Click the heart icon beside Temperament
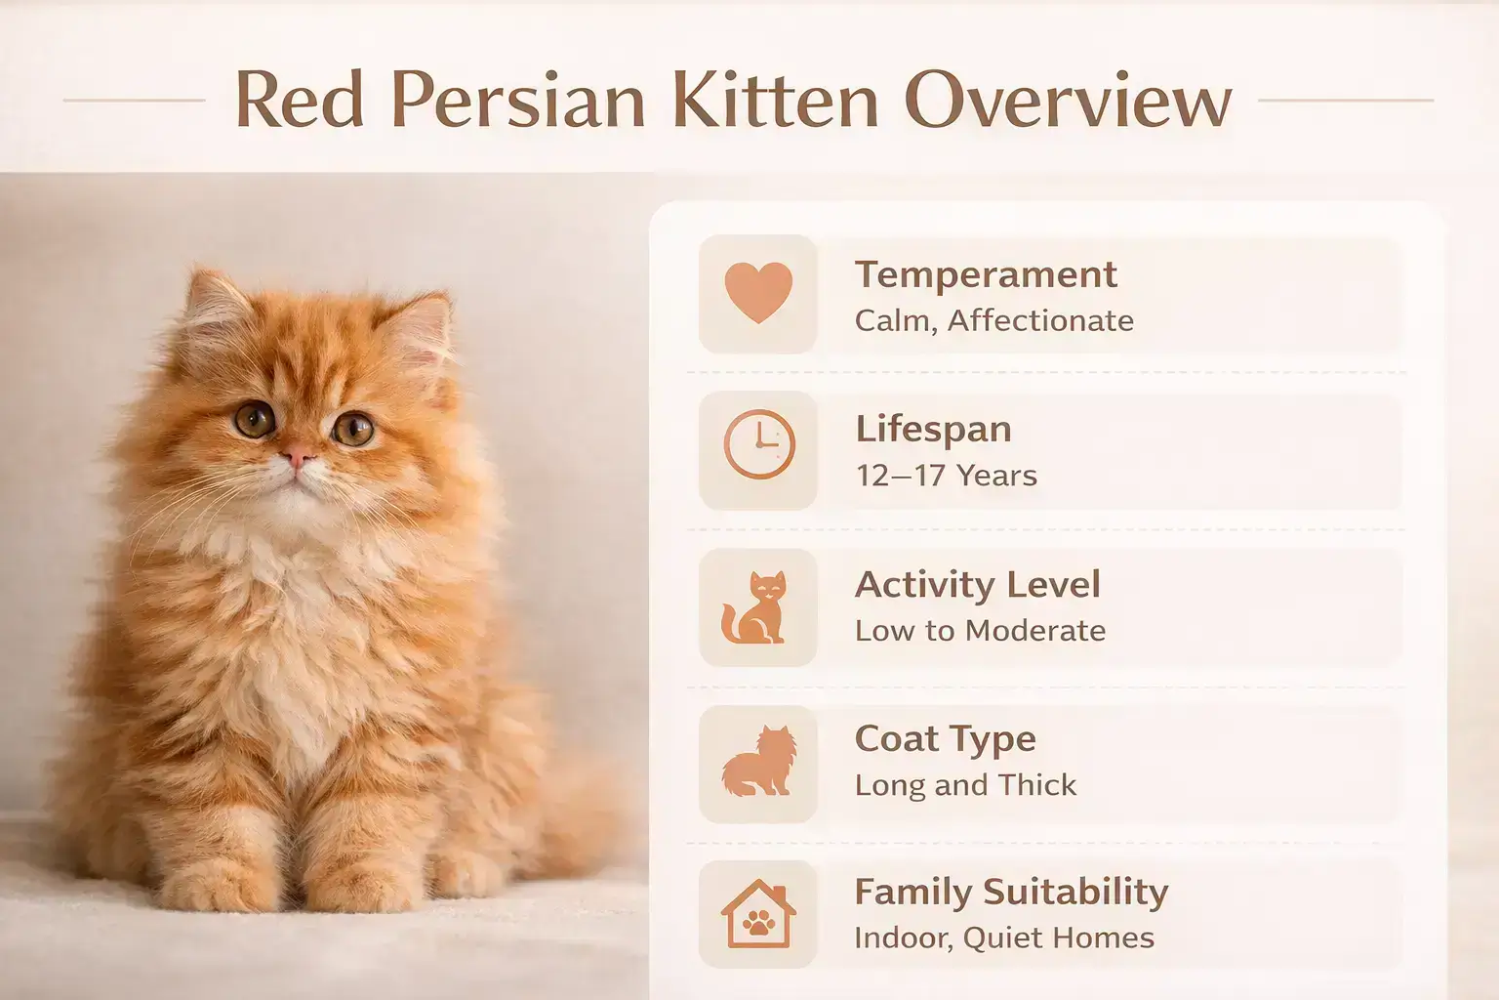[x=758, y=294]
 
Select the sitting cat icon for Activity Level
[x=754, y=607]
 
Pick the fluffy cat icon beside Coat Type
[x=757, y=762]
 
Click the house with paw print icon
[x=758, y=915]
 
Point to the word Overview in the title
[x=1069, y=102]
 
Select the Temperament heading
[x=986, y=274]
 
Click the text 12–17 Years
[x=946, y=476]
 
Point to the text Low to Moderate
[x=980, y=631]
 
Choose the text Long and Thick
[x=965, y=785]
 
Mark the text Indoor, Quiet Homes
[x=1003, y=938]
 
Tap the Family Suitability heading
[x=1011, y=892]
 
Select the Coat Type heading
[x=945, y=739]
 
